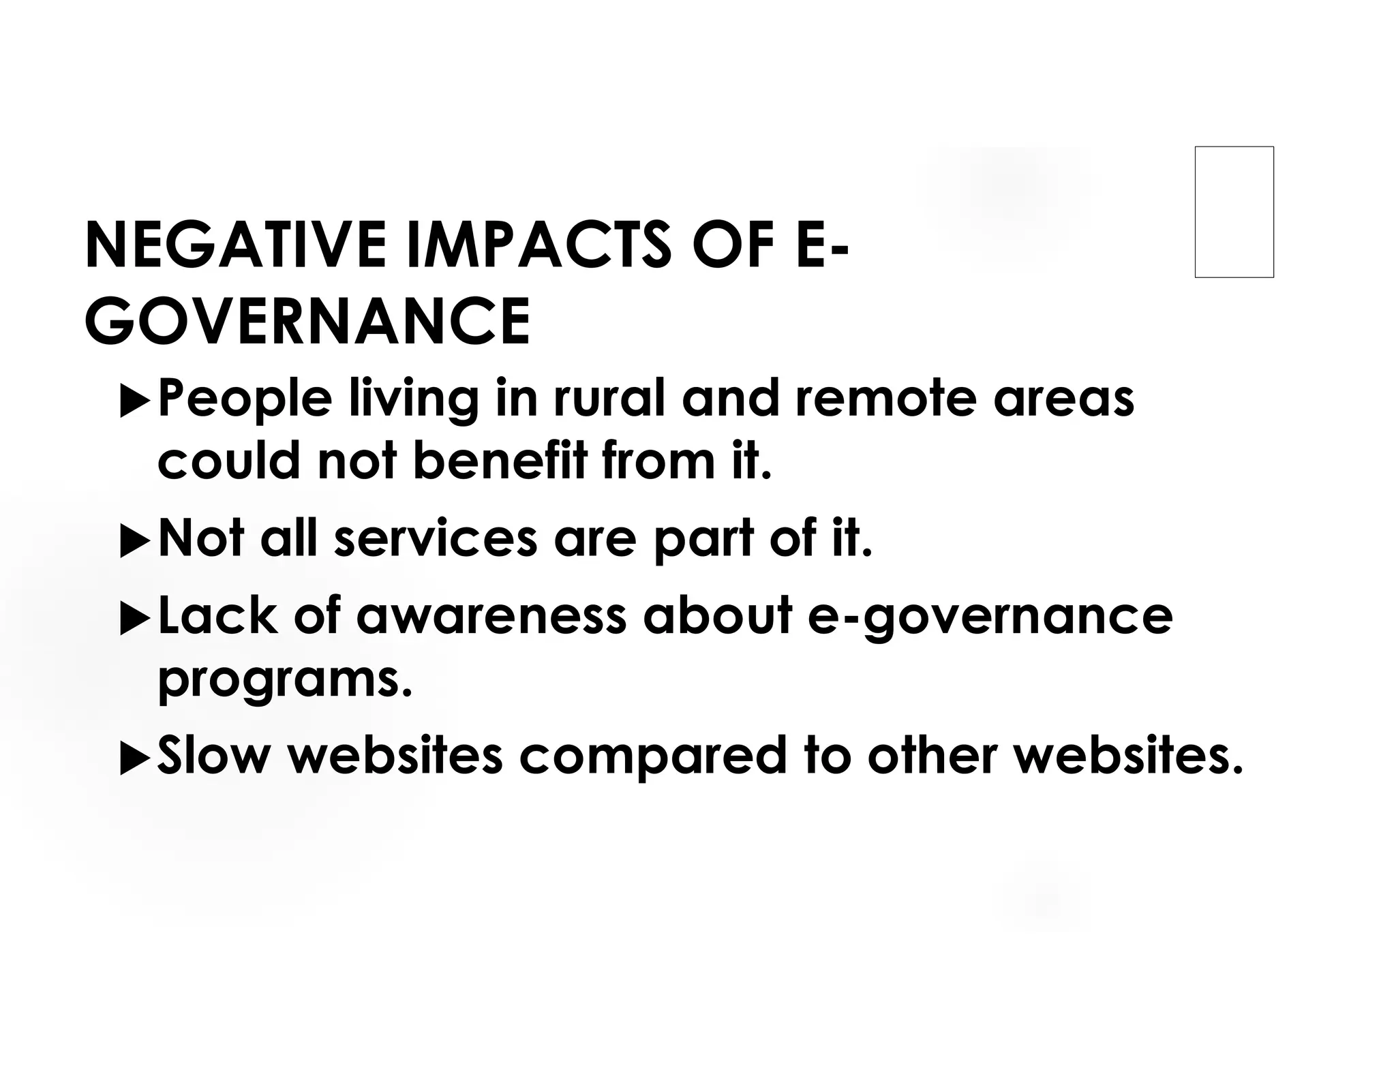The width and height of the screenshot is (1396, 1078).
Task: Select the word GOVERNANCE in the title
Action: point(307,322)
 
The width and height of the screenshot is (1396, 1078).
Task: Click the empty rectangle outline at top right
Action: point(1234,212)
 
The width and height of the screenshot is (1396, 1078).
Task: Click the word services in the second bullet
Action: point(436,538)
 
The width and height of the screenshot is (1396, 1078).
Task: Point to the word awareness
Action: point(491,616)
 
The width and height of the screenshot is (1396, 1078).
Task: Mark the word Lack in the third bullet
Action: point(217,615)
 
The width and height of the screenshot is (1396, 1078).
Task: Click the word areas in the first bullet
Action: point(1064,399)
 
